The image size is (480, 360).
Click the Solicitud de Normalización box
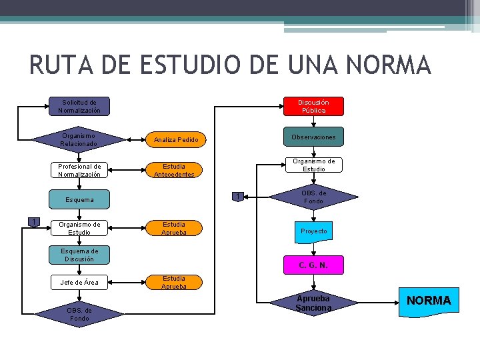[79, 106]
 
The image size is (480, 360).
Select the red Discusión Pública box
[313, 106]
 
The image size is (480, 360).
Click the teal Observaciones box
[313, 137]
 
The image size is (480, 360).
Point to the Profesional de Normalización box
[79, 170]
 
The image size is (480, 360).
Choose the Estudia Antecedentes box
[174, 170]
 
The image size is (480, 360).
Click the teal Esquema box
[79, 199]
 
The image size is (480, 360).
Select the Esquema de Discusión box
[79, 255]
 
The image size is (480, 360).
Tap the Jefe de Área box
[79, 282]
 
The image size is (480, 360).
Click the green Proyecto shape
[313, 231]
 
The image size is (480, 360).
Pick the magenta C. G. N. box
[313, 265]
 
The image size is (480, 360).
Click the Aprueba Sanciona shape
[313, 303]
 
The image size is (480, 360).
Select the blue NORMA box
[429, 300]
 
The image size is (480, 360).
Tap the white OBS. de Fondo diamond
[313, 197]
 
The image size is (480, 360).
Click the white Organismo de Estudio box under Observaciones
[313, 165]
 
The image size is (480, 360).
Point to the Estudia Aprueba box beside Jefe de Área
[174, 282]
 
